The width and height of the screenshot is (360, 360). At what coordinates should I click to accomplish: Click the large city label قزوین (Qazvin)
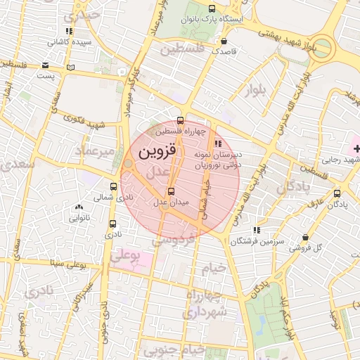click(155, 151)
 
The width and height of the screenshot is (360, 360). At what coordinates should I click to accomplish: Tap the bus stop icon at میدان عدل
click(170, 191)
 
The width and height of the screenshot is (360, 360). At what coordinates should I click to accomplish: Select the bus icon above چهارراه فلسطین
click(181, 120)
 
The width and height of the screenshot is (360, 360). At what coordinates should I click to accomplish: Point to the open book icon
click(69, 67)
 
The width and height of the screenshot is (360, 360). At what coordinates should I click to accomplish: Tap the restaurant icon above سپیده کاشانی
click(68, 32)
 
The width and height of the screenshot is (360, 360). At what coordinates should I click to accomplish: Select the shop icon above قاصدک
click(224, 41)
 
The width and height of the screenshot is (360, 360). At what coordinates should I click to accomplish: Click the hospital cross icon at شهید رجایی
click(356, 148)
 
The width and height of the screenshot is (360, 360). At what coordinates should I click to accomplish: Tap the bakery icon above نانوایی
click(78, 207)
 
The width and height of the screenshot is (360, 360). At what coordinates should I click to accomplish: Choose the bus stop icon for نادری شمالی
click(113, 187)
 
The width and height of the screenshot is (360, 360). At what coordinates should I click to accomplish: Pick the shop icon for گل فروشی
click(304, 238)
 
